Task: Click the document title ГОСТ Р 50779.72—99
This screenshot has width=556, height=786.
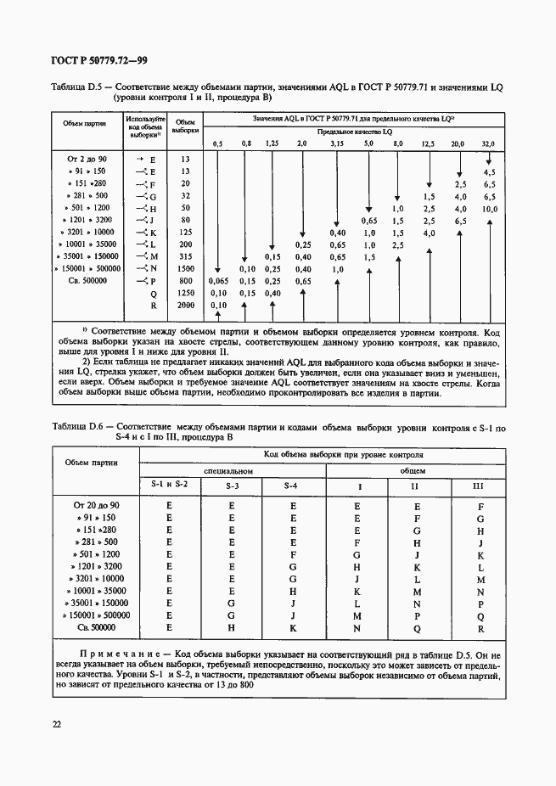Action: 101,60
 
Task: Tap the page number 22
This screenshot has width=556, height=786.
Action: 56,723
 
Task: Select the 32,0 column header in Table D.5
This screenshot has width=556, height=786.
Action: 488,143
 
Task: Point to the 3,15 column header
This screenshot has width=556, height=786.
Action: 337,143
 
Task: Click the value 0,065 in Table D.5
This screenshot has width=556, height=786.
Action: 218,280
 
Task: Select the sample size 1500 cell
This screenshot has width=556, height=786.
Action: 186,268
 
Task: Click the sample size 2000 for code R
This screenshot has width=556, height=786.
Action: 186,305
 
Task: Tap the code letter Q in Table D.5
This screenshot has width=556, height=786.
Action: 153,293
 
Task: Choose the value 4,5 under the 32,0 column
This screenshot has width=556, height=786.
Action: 488,171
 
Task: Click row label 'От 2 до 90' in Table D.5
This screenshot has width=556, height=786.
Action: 87,160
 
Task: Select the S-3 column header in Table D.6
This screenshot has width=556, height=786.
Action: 232,486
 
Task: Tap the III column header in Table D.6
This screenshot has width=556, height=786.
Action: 480,486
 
